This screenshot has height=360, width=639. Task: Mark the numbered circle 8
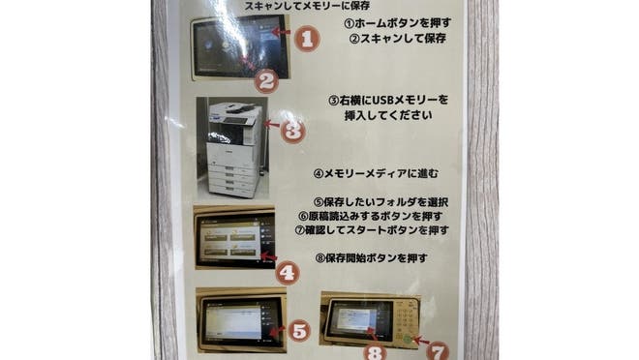pos(376,350)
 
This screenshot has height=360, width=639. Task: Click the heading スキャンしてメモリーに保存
pos(314,6)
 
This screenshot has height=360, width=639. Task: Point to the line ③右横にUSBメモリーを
pos(389,100)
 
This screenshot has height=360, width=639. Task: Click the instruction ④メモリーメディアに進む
pos(377,174)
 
